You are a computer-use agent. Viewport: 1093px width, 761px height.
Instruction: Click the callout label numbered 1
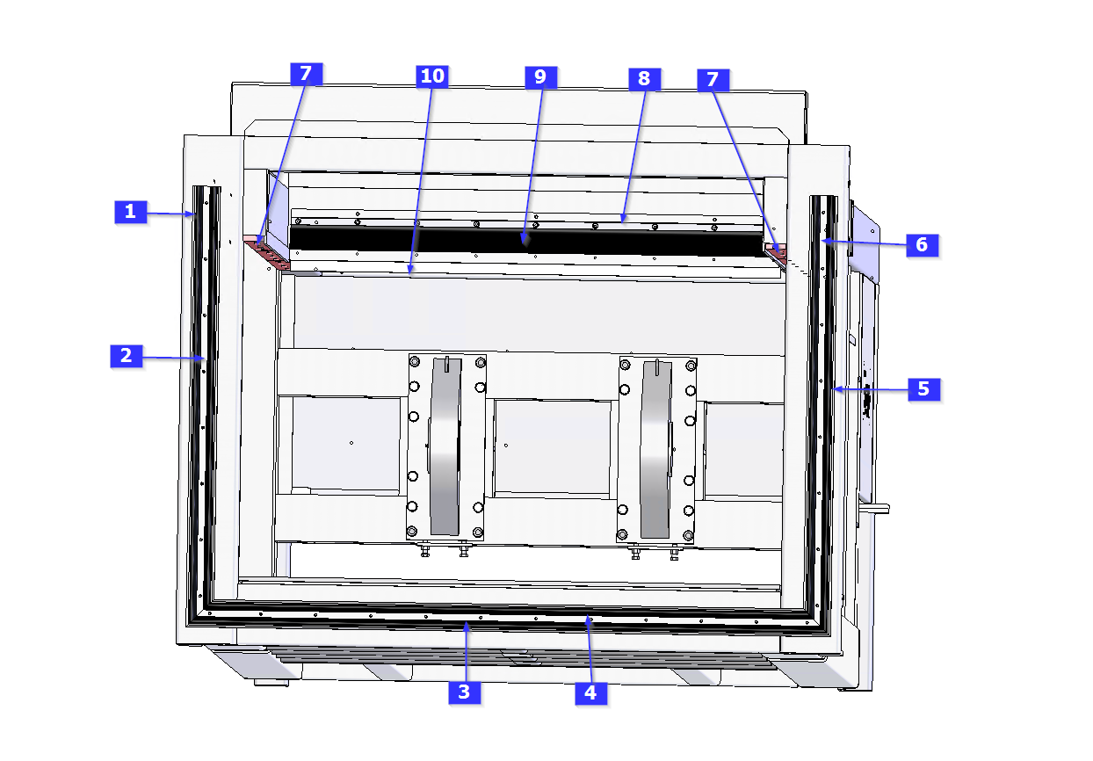(x=131, y=212)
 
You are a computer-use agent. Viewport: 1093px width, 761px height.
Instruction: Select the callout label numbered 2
(x=127, y=356)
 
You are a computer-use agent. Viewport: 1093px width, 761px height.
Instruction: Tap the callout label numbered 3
(x=465, y=692)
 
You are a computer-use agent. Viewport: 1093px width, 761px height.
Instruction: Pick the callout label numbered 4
(x=591, y=693)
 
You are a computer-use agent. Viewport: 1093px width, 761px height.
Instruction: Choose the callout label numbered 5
(x=923, y=389)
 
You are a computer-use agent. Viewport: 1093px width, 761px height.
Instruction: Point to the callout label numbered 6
(x=923, y=245)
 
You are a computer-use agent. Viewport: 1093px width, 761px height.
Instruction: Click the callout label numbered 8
(x=645, y=79)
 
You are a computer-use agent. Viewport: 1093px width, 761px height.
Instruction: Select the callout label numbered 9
(x=540, y=77)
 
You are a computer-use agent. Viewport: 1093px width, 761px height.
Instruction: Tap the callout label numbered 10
(x=432, y=76)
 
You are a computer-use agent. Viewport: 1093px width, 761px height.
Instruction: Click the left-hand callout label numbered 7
(x=307, y=74)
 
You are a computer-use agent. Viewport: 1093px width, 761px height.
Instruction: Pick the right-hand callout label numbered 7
(x=713, y=80)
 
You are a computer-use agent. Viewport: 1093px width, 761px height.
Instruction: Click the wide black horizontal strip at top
(x=527, y=241)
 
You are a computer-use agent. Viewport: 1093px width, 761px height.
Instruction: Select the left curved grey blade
(x=445, y=446)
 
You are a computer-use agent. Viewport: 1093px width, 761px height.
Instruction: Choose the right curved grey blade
(x=655, y=449)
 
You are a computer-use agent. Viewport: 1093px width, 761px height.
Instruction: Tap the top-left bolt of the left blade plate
(x=415, y=362)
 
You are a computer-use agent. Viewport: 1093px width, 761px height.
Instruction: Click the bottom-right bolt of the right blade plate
(x=688, y=535)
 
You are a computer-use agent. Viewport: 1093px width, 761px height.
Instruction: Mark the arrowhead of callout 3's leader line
(x=467, y=627)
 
